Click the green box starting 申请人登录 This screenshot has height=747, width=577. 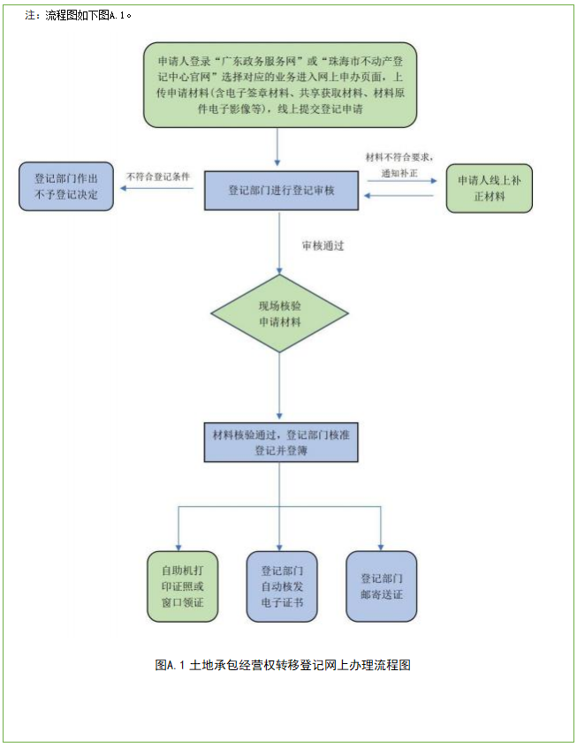click(279, 86)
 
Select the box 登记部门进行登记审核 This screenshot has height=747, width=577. click(281, 190)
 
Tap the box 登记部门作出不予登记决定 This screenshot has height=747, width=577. click(66, 186)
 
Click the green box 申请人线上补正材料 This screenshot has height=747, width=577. click(489, 187)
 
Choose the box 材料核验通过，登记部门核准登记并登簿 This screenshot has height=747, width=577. click(281, 442)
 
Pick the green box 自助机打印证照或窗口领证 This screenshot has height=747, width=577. click(180, 586)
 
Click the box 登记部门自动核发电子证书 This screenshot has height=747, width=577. click(281, 586)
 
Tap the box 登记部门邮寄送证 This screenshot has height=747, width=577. click(381, 586)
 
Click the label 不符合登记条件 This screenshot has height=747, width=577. click(159, 176)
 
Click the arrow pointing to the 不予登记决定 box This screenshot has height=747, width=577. click(159, 187)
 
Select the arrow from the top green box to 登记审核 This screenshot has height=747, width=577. click(279, 147)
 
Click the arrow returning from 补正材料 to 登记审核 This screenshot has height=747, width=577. click(402, 195)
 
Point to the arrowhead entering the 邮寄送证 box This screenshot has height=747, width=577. click(381, 545)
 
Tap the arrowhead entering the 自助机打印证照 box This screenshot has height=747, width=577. click(179, 545)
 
